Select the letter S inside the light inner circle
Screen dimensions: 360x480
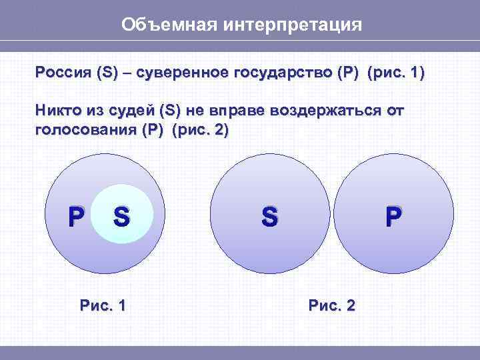click(x=121, y=216)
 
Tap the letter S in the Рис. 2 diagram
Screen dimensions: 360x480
click(x=269, y=216)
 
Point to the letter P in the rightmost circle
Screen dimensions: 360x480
click(x=393, y=216)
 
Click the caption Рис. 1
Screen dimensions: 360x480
click(x=103, y=305)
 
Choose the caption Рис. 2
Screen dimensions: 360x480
click(x=331, y=305)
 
